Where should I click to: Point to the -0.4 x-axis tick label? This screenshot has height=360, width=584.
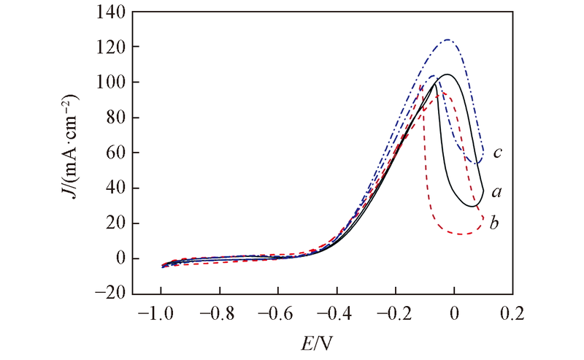coord(334,314)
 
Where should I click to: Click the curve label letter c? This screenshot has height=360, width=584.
coord(497,152)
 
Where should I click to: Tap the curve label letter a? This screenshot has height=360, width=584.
coord(496,191)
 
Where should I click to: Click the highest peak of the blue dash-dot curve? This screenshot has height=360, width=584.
coord(448,39)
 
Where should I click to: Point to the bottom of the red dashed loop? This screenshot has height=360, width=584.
coord(461,234)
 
